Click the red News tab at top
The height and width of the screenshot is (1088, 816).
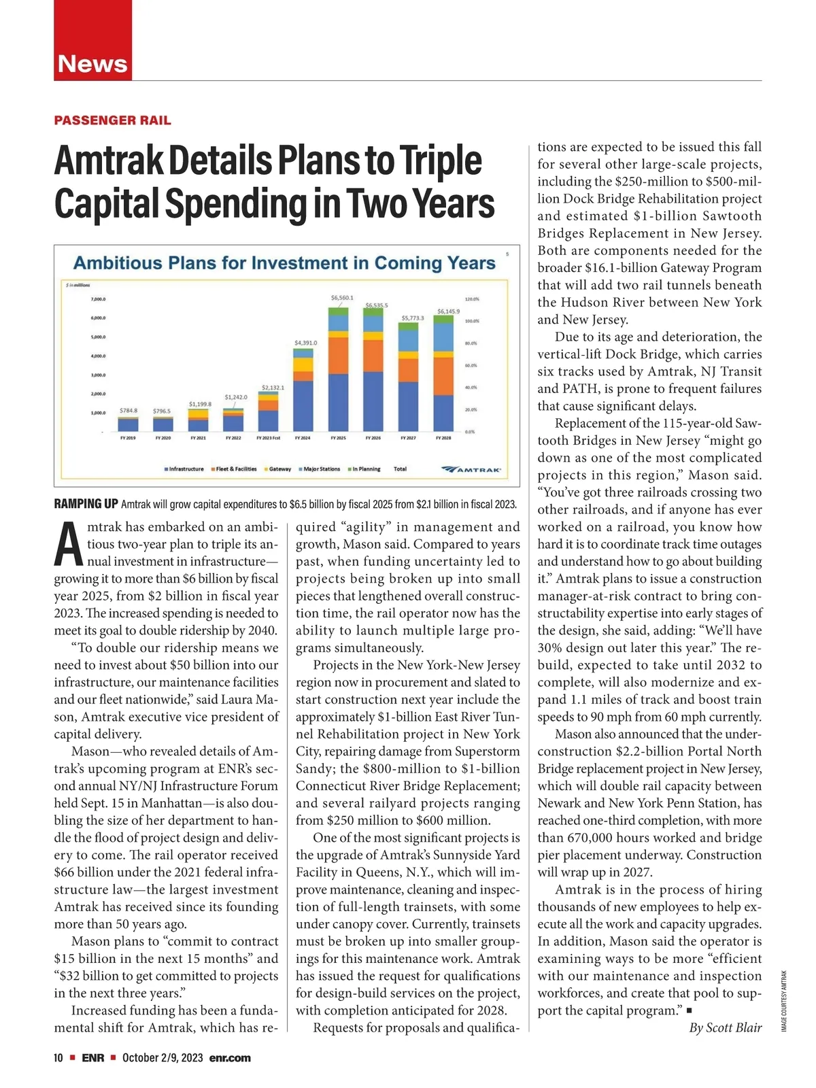click(x=92, y=63)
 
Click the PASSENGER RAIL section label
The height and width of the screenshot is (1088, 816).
click(x=112, y=120)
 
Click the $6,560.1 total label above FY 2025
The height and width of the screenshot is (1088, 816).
click(x=341, y=298)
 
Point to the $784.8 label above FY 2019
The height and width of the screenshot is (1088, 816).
click(x=128, y=411)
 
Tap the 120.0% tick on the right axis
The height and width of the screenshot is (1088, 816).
click(x=473, y=299)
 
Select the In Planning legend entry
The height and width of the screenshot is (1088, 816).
click(x=364, y=469)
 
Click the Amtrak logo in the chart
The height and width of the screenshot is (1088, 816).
click(x=473, y=469)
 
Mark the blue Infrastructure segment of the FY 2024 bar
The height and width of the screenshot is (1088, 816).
click(x=303, y=405)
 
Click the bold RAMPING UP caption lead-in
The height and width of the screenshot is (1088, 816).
click(x=86, y=505)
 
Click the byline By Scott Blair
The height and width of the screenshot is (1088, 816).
click(x=725, y=1027)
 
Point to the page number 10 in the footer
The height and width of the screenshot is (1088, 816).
click(x=58, y=1058)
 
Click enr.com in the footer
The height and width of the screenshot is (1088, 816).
click(x=230, y=1058)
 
